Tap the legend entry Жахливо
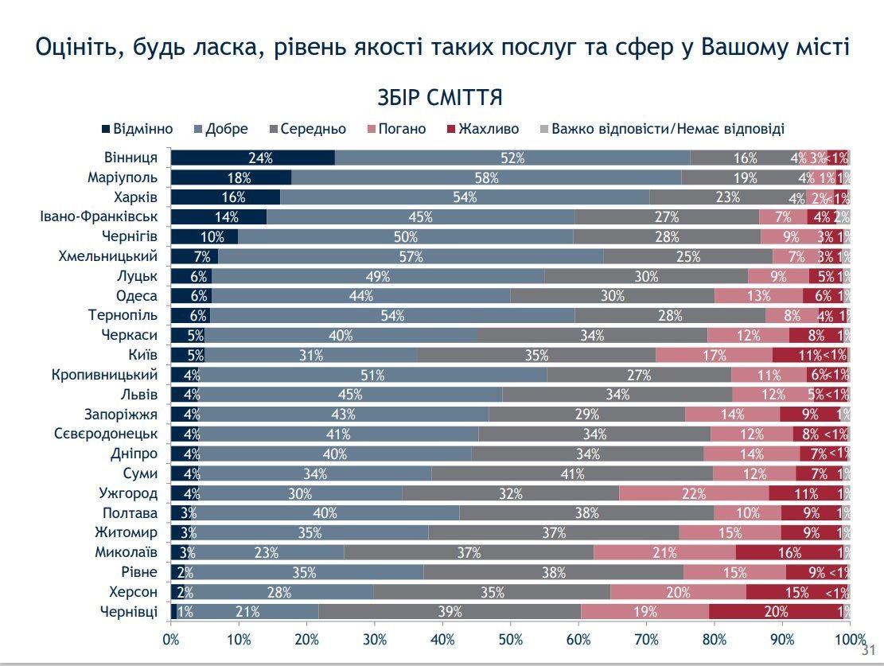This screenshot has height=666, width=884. coord(483,129)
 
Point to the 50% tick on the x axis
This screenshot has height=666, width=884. coord(511,639)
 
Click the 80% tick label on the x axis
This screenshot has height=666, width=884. coord(715,639)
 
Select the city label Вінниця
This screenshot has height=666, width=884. coord(130,158)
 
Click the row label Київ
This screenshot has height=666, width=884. coord(141,355)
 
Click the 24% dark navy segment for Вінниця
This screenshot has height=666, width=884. coord(253,158)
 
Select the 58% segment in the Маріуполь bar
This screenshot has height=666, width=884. coord(486,177)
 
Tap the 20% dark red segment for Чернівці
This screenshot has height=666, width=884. coord(776,612)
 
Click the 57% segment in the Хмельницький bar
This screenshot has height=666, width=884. coord(411,256)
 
